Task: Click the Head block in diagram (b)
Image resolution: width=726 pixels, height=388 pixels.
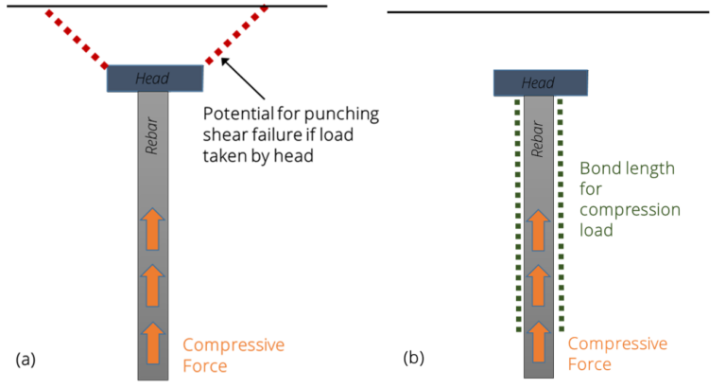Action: coord(540,83)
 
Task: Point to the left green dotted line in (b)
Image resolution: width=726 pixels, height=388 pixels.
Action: coord(517,214)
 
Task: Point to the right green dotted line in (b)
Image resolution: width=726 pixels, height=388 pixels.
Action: coord(561,214)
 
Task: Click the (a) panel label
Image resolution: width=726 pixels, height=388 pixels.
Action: coord(26,359)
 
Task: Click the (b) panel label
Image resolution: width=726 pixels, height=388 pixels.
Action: coord(413,359)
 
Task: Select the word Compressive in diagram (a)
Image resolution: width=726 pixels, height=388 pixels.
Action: coord(233,344)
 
